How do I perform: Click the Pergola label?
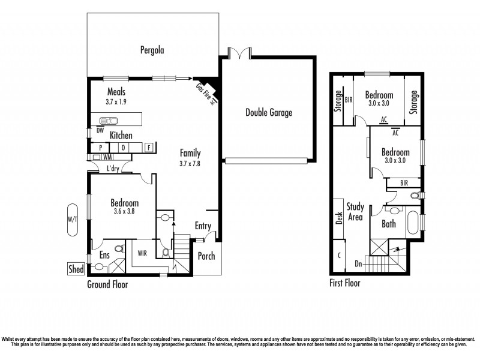[x=152, y=50]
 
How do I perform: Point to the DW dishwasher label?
[x=100, y=130]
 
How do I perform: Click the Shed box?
[x=77, y=269]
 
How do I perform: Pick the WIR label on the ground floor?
[x=143, y=253]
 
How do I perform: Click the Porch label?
[x=206, y=256]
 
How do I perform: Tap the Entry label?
[x=203, y=226]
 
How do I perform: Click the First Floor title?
[x=345, y=283]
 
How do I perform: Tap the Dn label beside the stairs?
[x=359, y=263]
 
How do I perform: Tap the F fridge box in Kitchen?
[x=147, y=147]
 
